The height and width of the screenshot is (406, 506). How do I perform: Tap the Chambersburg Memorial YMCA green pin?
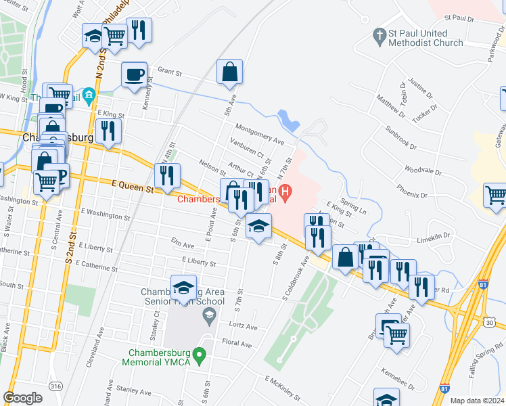(198, 354)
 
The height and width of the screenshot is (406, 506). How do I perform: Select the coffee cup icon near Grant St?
(135, 74)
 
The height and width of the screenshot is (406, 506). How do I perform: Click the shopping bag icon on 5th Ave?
(229, 71)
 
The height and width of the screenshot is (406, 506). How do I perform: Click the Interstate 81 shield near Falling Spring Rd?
(444, 389)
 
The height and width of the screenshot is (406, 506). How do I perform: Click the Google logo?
(22, 398)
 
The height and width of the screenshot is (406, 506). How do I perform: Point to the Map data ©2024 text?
(476, 401)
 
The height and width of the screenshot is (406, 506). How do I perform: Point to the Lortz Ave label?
(244, 326)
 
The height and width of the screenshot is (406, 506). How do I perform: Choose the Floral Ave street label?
(237, 344)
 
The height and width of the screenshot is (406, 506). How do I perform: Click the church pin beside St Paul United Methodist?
(379, 34)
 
